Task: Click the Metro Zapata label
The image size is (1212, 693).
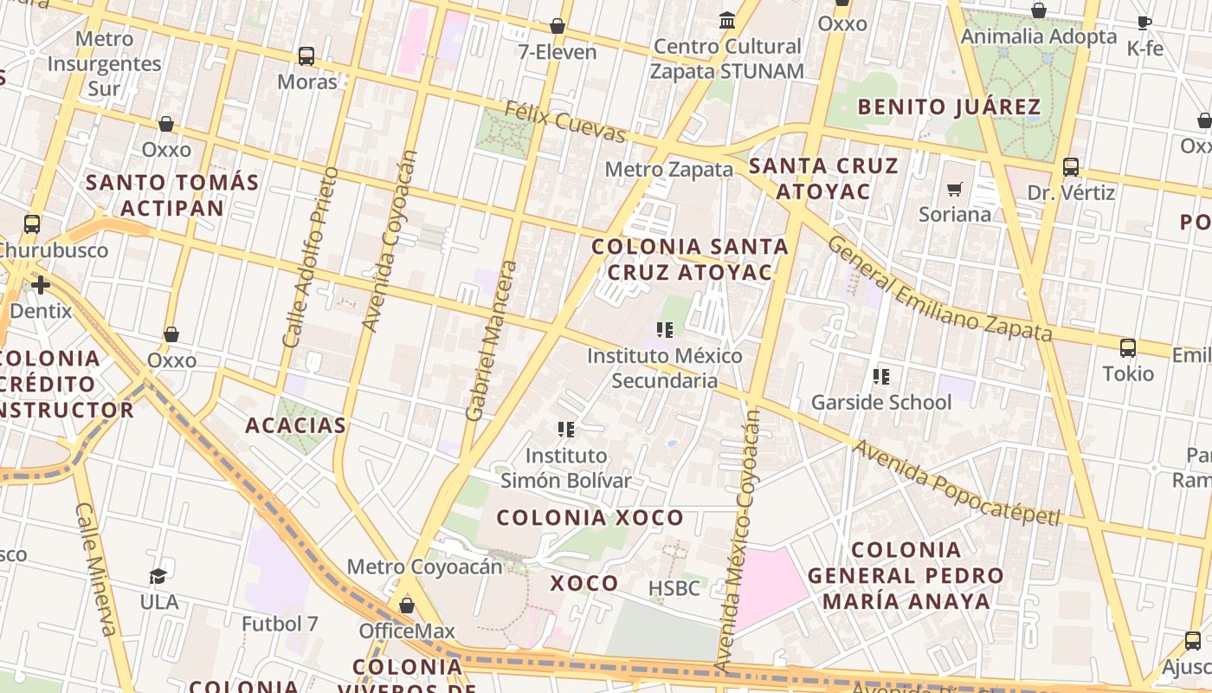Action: pyautogui.click(x=668, y=169)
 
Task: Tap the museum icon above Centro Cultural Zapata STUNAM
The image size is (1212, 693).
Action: pyautogui.click(x=727, y=20)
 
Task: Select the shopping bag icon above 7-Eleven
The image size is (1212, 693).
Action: pyautogui.click(x=558, y=27)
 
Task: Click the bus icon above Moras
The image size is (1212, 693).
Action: pyautogui.click(x=306, y=56)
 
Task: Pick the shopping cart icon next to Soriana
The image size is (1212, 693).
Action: pyautogui.click(x=955, y=189)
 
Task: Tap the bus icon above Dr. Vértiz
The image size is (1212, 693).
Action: pyautogui.click(x=1071, y=167)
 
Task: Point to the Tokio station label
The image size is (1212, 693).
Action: pyautogui.click(x=1128, y=373)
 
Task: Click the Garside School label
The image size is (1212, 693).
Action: pyautogui.click(x=880, y=402)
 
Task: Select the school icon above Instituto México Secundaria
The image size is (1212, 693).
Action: pyautogui.click(x=664, y=330)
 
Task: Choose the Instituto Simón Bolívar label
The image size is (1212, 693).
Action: pyautogui.click(x=566, y=468)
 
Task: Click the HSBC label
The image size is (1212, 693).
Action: pyautogui.click(x=674, y=588)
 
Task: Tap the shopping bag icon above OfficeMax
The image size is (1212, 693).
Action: pyautogui.click(x=407, y=606)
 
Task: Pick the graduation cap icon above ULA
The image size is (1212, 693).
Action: pyautogui.click(x=158, y=577)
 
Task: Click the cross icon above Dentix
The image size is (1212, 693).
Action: pyautogui.click(x=41, y=285)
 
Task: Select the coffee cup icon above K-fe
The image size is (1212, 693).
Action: pyautogui.click(x=1144, y=23)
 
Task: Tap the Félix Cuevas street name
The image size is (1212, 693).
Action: pyautogui.click(x=564, y=121)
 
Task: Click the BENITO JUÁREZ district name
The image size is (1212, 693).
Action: pyautogui.click(x=948, y=107)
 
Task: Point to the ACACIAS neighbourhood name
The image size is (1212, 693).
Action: pyautogui.click(x=295, y=425)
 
